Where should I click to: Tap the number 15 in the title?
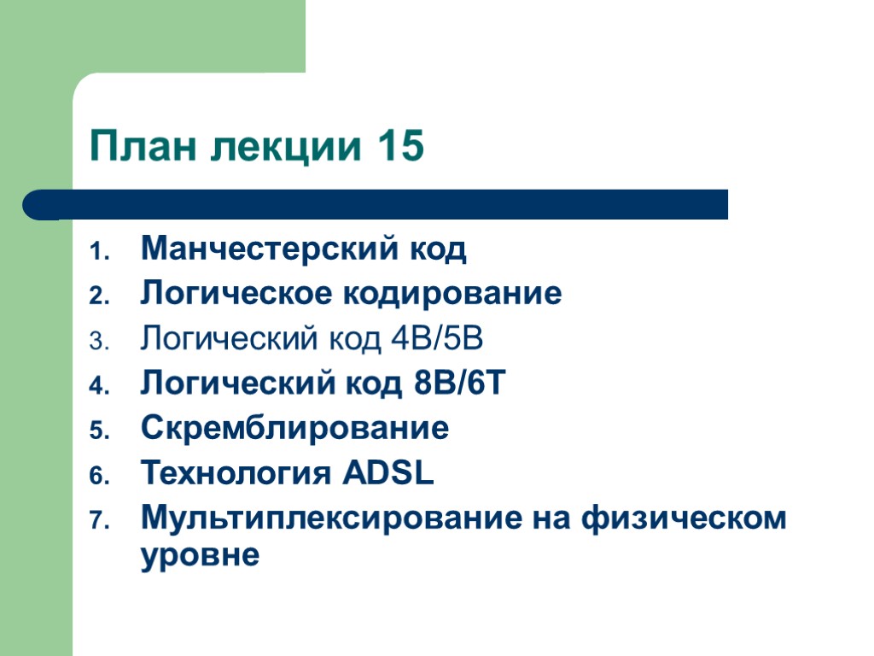(x=398, y=147)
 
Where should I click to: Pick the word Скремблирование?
(x=294, y=427)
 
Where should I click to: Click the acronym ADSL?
(x=387, y=471)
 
